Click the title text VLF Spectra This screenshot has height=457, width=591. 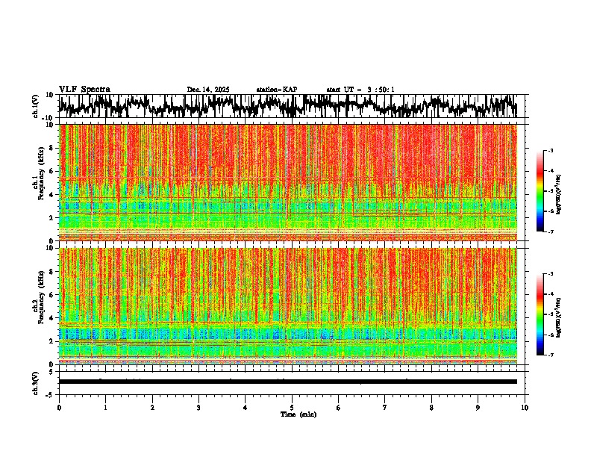click(84, 89)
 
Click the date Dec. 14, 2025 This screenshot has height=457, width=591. click(208, 90)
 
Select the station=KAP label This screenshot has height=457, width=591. click(276, 90)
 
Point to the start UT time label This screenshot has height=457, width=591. click(360, 90)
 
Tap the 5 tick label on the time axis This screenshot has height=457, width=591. click(292, 408)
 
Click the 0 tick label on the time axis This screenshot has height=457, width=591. click(59, 408)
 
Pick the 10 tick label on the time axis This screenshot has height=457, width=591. click(525, 408)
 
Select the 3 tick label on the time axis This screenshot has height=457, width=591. click(198, 408)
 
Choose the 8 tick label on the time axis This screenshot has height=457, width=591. click(431, 408)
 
